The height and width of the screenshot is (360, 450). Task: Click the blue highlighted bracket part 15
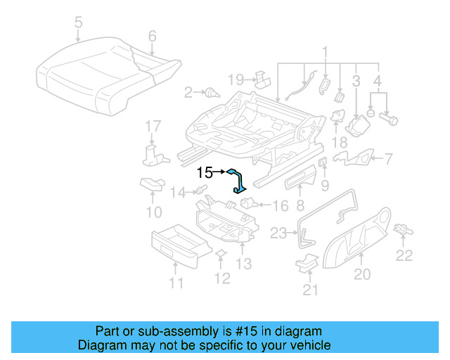click(x=239, y=181)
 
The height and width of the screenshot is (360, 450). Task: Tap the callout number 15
click(x=204, y=172)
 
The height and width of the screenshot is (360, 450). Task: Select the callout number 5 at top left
click(x=77, y=23)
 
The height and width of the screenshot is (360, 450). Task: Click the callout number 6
click(x=152, y=36)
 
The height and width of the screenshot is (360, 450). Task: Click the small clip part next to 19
click(x=260, y=76)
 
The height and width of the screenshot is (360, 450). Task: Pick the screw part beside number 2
click(x=210, y=92)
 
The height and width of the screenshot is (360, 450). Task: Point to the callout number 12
click(x=222, y=279)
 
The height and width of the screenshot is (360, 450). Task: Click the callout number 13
click(x=243, y=264)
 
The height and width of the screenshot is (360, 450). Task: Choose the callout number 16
click(x=280, y=206)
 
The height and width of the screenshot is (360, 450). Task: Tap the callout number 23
click(x=280, y=233)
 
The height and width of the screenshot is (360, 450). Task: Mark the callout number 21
click(x=310, y=289)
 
